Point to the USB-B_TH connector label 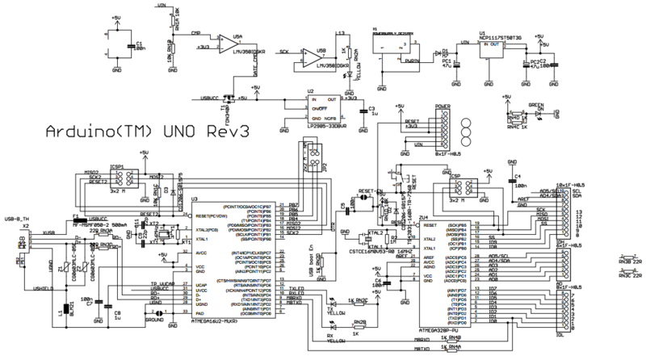tap(18, 218)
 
